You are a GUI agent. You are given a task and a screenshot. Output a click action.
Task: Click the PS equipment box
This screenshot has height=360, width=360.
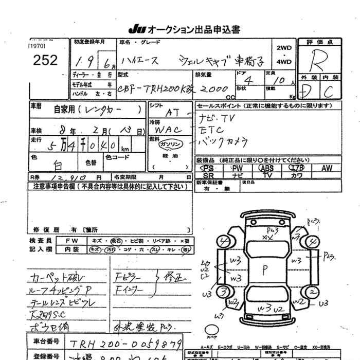[208, 168]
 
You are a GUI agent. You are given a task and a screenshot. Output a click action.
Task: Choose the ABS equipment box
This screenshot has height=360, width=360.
[266, 168]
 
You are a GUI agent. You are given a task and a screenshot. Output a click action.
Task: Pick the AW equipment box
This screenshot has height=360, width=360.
[327, 168]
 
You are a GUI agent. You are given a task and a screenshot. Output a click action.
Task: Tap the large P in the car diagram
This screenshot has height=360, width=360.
[265, 267]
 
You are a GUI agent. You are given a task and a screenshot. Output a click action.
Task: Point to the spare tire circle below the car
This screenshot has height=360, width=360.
[212, 329]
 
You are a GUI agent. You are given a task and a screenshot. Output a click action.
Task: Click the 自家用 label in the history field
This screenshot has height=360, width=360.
[66, 109]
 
